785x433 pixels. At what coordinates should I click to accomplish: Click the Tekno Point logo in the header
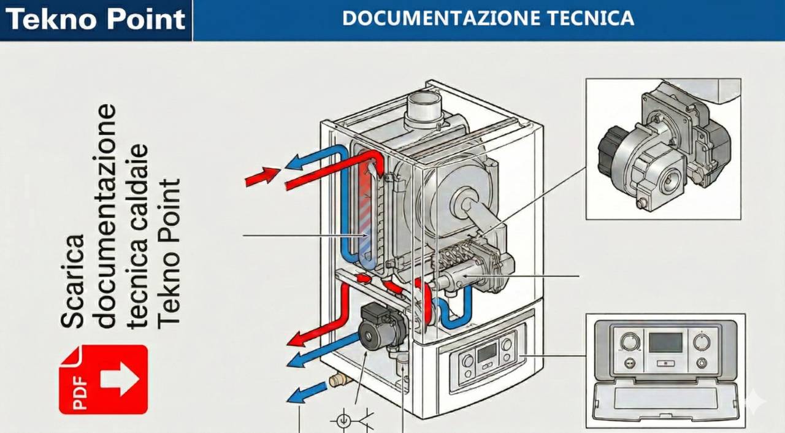point(95,20)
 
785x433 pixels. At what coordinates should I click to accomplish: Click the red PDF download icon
point(103,379)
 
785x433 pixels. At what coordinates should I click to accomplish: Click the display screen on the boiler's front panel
point(488,352)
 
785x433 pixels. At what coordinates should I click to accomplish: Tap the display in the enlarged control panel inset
point(665,342)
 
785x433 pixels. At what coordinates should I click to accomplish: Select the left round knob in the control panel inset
point(629,342)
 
